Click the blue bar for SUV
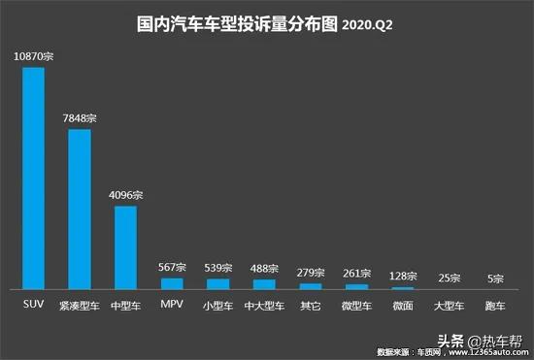tap(33, 179)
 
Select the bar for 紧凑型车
tap(80, 209)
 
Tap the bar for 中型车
tap(125, 247)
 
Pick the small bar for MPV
tap(172, 283)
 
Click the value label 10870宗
tap(33, 58)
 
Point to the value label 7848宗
tap(79, 118)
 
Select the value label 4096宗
tap(125, 195)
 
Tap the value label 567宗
tap(172, 267)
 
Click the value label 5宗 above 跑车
tap(496, 278)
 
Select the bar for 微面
tap(403, 288)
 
